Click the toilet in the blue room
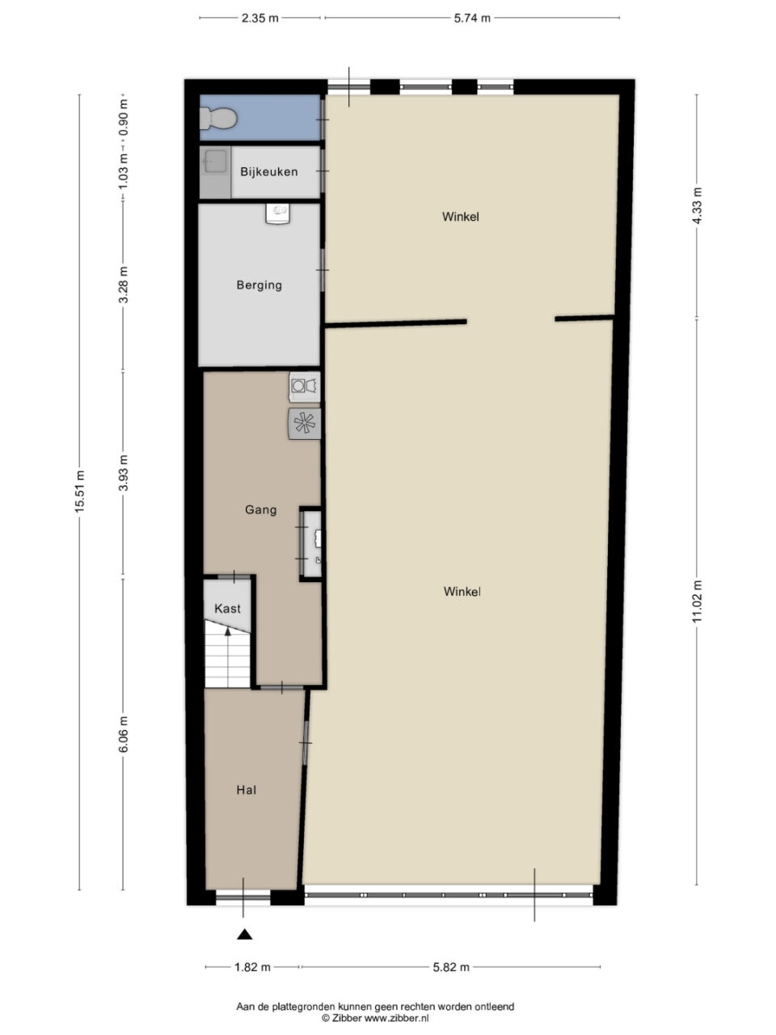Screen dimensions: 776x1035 pos(217,118)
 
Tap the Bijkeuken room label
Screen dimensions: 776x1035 pos(269,171)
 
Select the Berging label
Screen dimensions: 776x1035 pos(259,285)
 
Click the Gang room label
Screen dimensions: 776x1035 pos(260,509)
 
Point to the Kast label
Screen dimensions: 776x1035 pos(227,609)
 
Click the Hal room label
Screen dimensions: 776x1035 pos(246,790)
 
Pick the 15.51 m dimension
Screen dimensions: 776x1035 pos(79,492)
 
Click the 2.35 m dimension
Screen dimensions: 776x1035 pos(259,18)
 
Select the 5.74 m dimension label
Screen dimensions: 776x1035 pos(472,18)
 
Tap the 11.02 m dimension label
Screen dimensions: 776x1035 pos(697,602)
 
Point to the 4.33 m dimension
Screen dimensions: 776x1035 pos(697,205)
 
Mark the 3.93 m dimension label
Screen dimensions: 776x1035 pos(123,473)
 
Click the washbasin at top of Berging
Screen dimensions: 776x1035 pos(277,213)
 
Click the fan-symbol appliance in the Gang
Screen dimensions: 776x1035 pos(305,424)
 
